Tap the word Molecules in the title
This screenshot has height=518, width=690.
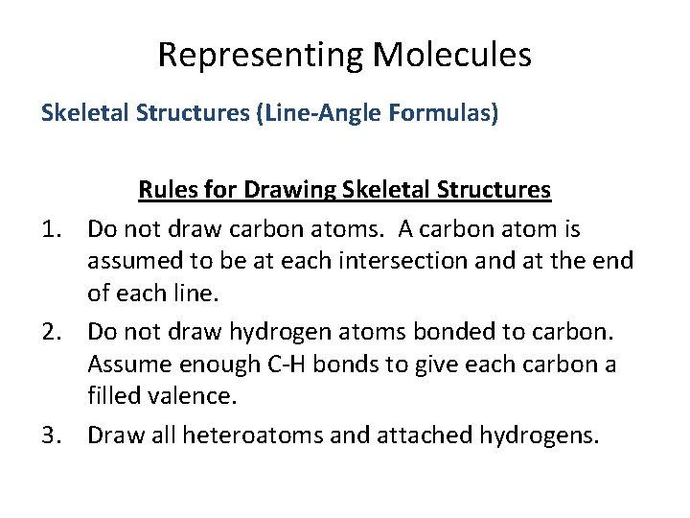[x=452, y=55]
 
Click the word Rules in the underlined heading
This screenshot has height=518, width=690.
[x=169, y=190]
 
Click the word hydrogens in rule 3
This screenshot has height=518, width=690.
[x=527, y=436]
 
